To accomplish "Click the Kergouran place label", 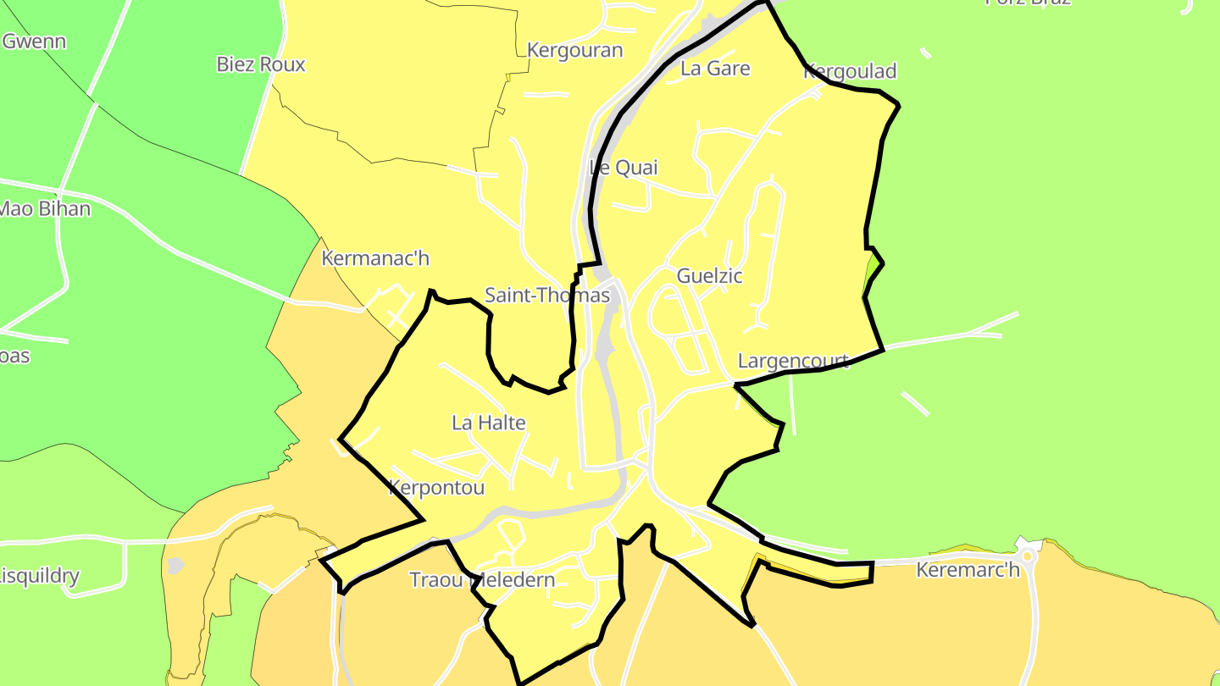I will [574, 50].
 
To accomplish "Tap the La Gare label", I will [715, 69].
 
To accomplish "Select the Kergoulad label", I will [849, 71].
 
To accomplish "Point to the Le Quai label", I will [624, 168].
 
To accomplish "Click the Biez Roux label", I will [261, 64].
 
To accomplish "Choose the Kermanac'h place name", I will [375, 258].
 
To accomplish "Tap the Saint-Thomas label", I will [546, 296].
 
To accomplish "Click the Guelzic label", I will [709, 275].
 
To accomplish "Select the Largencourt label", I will [793, 361].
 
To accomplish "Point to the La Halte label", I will [489, 423].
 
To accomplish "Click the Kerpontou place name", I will [436, 488].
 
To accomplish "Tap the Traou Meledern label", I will [482, 580].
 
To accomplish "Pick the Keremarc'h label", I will [968, 570].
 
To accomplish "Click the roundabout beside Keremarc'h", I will [1028, 556].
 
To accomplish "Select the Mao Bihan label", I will [44, 208].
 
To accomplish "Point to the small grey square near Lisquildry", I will [175, 565].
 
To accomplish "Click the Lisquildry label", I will [39, 577].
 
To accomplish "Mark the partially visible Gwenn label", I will [34, 41].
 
